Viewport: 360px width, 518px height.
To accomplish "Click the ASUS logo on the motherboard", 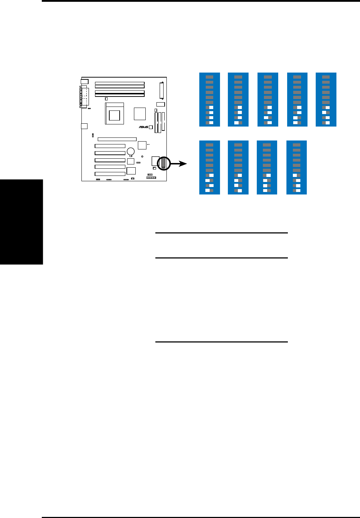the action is coord(144,127).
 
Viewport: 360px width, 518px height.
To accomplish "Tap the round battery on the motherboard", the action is coord(131,151).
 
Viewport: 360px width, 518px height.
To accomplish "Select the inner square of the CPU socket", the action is coord(114,115).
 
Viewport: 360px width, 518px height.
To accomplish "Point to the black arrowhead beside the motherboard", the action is coord(182,164).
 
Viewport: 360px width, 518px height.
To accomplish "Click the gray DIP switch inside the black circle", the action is coord(163,163).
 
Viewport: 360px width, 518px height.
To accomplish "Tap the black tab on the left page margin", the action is coord(21,222).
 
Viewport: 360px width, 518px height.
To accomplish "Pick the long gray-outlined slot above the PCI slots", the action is coord(117,139).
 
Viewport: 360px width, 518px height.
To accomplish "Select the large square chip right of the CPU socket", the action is coord(140,114).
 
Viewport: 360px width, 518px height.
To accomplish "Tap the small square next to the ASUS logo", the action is coord(151,127).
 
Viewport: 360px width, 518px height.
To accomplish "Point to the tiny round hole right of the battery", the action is coord(142,156).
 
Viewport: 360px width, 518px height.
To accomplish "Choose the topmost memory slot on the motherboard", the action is coord(120,83).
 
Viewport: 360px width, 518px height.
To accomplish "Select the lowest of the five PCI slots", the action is coord(110,174).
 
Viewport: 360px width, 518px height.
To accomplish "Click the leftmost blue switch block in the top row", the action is coord(210,100).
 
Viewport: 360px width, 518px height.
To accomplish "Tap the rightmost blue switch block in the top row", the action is coord(326,100).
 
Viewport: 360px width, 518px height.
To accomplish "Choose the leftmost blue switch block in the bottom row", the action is coord(210,168).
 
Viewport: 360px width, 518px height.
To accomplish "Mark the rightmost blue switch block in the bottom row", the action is coord(296,168).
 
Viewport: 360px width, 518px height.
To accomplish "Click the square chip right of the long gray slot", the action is coord(142,145).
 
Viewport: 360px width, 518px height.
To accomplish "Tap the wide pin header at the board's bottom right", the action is coord(151,177).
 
